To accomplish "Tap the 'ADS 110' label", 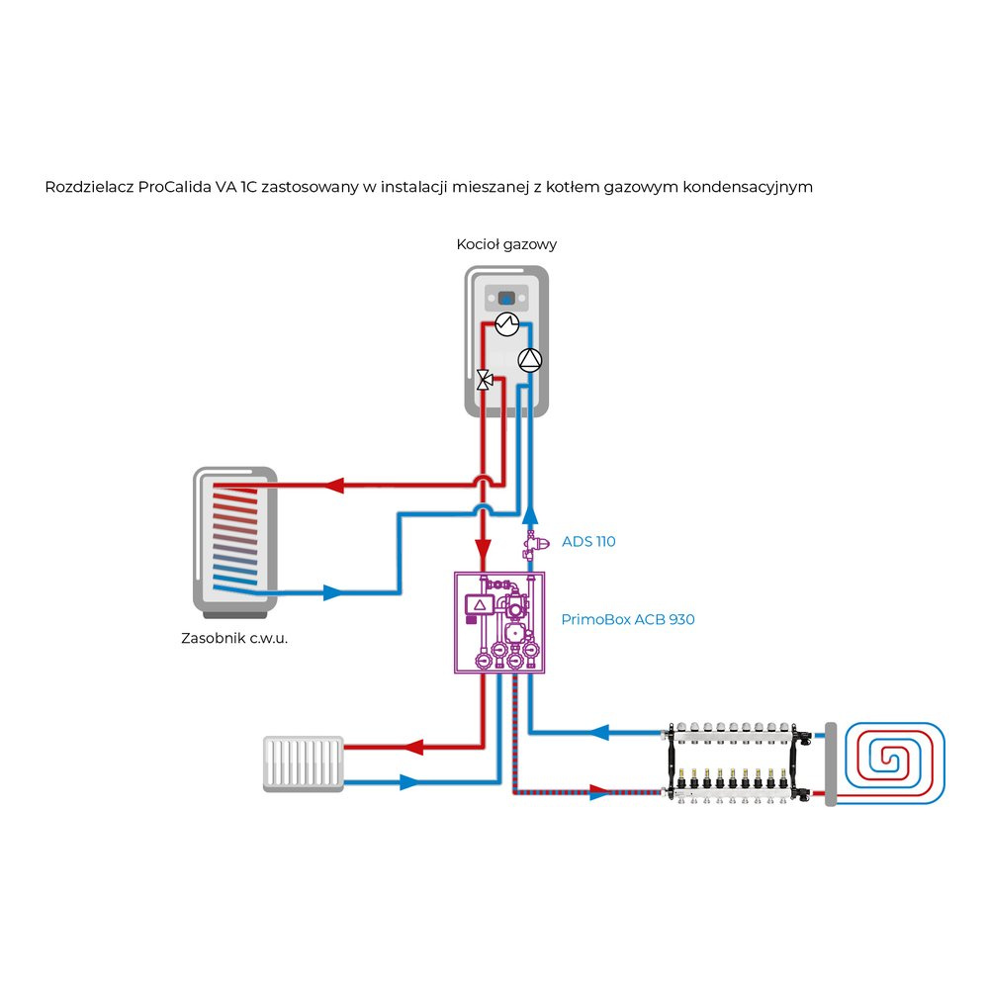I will [588, 541].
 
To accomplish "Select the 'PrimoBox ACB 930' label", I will [628, 620].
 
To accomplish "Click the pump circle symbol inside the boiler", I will [531, 360].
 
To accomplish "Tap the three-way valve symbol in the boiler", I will [485, 379].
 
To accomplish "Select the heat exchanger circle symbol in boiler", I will [507, 323].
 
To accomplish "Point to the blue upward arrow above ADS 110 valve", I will [531, 512].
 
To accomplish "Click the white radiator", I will [304, 764].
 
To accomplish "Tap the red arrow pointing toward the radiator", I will [416, 746].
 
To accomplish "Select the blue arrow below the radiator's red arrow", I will [410, 781].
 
